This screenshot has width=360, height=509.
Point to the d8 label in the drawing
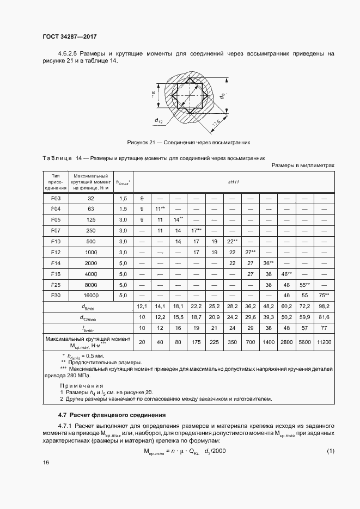[x=223, y=96]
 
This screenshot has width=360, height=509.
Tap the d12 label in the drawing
[x=158, y=120]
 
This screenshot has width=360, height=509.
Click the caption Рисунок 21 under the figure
[x=188, y=142]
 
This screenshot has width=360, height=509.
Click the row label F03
[x=55, y=199]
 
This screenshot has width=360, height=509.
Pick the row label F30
[x=55, y=295]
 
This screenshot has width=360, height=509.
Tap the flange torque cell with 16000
[x=91, y=295]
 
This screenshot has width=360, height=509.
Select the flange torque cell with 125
[x=91, y=219]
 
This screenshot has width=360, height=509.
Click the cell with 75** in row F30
[x=324, y=295]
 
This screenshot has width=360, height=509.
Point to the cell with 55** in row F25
[x=304, y=284]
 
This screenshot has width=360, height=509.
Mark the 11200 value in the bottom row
[x=324, y=342]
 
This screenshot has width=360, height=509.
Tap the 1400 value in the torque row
[x=269, y=342]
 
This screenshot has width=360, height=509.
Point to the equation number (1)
[x=330, y=451]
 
